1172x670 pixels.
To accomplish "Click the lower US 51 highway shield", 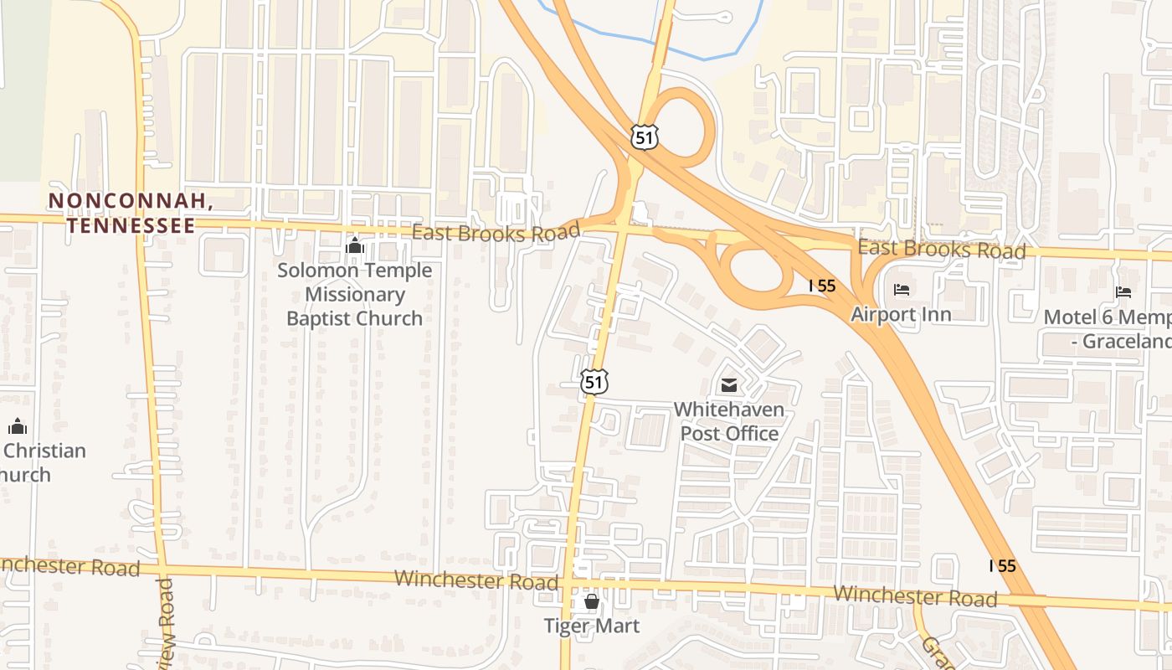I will coord(594,381).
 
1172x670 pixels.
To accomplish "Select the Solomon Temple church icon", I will coord(355,246).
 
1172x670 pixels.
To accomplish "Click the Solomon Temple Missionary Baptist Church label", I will coord(355,294).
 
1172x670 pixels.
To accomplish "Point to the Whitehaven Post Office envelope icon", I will coord(728,385).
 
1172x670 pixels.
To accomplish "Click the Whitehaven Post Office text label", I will coord(729,421).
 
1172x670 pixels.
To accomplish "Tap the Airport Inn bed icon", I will coord(902,291).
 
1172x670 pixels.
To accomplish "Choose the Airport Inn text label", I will coord(901,314).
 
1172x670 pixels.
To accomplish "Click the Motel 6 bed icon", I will coord(1123,292).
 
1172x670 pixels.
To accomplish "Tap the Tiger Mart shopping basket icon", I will coord(592,601).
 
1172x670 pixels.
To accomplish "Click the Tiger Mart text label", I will coord(592,626).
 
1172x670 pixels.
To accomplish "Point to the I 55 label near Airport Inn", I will coord(822,286).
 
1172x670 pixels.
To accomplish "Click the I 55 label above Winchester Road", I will coord(1002,565).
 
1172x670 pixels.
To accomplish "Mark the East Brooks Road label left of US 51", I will coord(496,233).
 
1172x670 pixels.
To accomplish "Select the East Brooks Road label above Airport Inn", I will coord(941,249).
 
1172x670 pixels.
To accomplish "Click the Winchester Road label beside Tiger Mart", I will coord(475,580).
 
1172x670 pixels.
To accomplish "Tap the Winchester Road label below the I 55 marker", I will coord(915,595).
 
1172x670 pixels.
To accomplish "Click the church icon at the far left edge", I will coord(18,426).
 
